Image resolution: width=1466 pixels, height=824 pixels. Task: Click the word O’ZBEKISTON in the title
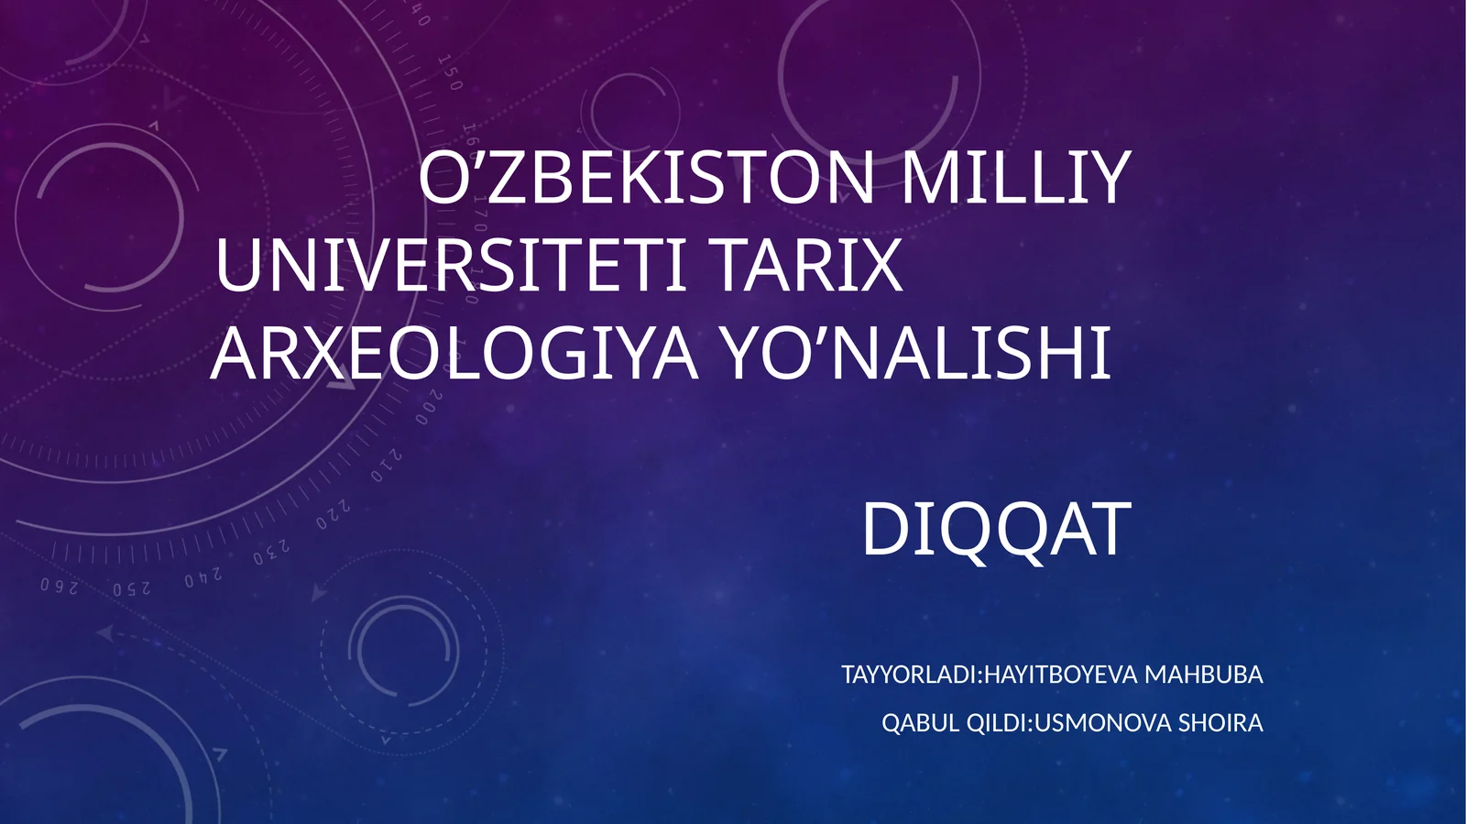646,178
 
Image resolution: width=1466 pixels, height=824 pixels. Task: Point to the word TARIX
807,266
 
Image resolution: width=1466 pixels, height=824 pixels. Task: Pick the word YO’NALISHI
917,354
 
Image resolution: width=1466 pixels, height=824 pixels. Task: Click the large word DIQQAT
996,530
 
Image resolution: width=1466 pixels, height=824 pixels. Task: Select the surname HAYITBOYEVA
1060,676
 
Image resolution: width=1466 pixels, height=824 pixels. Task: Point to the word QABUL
921,723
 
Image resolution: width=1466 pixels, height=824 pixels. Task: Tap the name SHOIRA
1220,723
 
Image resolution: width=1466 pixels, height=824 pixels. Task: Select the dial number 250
131,588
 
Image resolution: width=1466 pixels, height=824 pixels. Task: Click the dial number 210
386,467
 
